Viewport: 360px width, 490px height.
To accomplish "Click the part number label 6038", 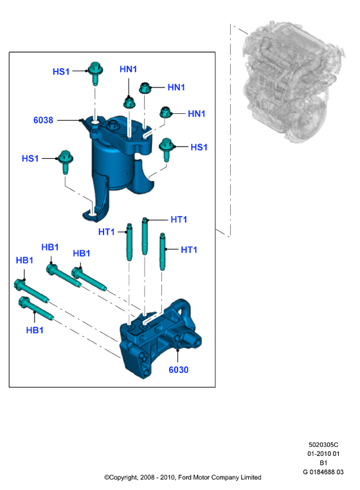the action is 43,120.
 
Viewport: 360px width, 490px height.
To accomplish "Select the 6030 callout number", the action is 179,370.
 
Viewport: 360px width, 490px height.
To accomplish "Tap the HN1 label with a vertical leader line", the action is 128,69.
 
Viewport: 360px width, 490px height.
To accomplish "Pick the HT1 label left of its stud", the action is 106,232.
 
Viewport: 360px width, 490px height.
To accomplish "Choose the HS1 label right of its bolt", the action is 199,147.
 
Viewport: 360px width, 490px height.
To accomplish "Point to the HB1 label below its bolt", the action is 35,330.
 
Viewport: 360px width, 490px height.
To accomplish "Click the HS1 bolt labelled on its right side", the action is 166,149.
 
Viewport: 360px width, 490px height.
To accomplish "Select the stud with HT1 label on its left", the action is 129,242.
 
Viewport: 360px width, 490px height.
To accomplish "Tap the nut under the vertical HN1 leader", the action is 129,102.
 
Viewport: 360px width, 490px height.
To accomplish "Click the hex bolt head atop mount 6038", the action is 113,125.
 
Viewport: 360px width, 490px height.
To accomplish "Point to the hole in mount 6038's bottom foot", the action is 92,214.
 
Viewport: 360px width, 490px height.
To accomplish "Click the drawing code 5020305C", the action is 323,445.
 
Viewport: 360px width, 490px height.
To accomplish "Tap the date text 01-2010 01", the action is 323,453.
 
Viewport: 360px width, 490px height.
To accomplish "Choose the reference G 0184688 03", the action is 323,472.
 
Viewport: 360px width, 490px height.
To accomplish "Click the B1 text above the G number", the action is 323,463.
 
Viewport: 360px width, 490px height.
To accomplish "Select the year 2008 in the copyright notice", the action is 147,478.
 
